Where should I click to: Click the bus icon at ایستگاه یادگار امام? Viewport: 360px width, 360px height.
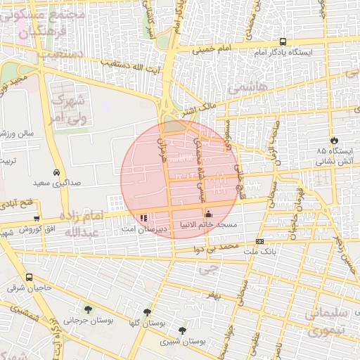click(x=283, y=41)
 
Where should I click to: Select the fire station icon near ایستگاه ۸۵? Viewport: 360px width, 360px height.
click(x=334, y=140)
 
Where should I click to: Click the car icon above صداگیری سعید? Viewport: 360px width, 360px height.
click(x=56, y=172)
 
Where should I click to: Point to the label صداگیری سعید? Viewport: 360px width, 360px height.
click(x=56, y=182)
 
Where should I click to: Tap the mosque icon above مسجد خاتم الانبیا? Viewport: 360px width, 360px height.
click(x=207, y=214)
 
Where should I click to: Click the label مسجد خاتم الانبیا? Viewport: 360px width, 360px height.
click(x=207, y=225)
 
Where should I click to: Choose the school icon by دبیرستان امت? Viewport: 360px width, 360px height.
click(x=144, y=219)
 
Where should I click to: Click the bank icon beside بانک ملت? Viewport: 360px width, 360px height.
click(x=260, y=241)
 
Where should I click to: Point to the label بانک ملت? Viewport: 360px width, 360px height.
click(x=261, y=251)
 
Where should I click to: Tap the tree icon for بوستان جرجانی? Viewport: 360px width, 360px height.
click(x=87, y=309)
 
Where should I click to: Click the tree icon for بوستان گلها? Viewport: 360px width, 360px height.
click(x=146, y=311)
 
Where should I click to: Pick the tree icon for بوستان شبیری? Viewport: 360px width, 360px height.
click(x=183, y=330)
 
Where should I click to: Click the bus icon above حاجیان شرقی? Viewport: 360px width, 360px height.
click(x=30, y=278)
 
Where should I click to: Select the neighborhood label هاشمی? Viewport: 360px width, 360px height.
click(x=238, y=86)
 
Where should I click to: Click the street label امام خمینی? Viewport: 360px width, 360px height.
click(x=214, y=51)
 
